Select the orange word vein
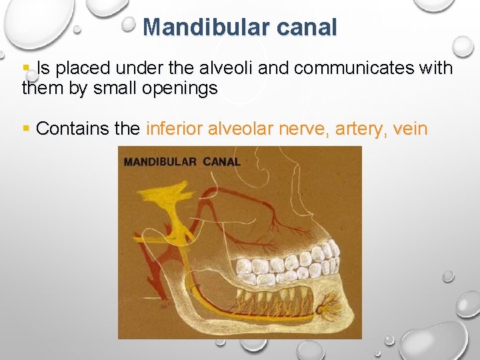410,129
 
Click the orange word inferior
174,129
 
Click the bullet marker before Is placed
27,67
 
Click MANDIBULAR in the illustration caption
160,161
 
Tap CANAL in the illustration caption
221,161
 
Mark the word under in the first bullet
151,68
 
